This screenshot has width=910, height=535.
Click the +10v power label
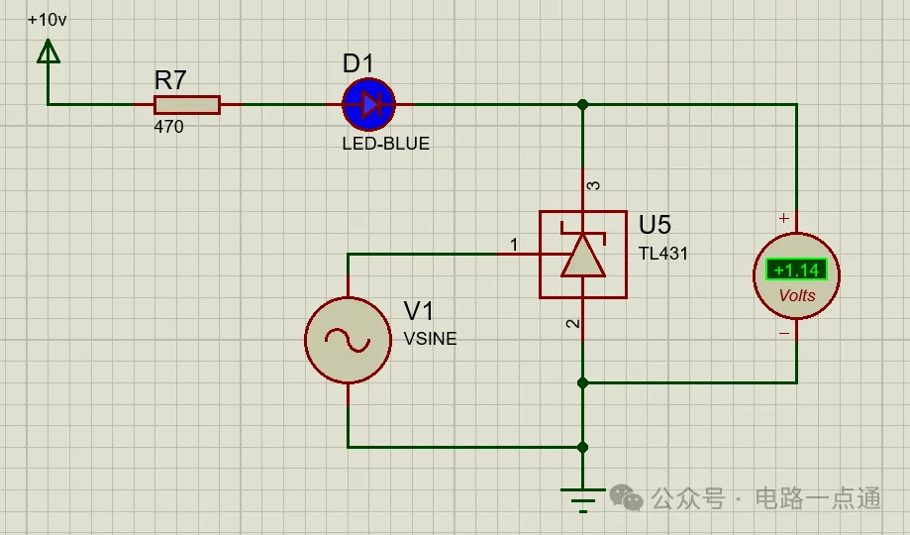coord(48,20)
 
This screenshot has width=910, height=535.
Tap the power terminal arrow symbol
coord(48,51)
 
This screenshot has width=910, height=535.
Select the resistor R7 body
coord(186,104)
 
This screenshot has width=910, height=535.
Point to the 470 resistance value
coord(168,128)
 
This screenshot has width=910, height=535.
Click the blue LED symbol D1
coord(369,104)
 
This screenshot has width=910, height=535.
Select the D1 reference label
coord(357,64)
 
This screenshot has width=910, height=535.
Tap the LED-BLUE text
coord(385,144)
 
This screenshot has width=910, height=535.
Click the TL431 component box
coord(582,254)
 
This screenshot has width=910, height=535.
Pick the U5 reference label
coord(655,225)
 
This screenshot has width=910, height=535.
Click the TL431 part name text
coord(662,254)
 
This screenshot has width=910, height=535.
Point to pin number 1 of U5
coord(513,244)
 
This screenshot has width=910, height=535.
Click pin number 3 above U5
coord(593,185)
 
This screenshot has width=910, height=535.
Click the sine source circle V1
coord(348,340)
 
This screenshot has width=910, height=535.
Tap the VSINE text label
coord(431,339)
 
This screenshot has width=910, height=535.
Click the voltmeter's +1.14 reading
coord(796,269)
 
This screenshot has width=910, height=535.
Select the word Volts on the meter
coord(797,295)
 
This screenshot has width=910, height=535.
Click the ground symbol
coord(582,496)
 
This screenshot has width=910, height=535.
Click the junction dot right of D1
coord(582,104)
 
